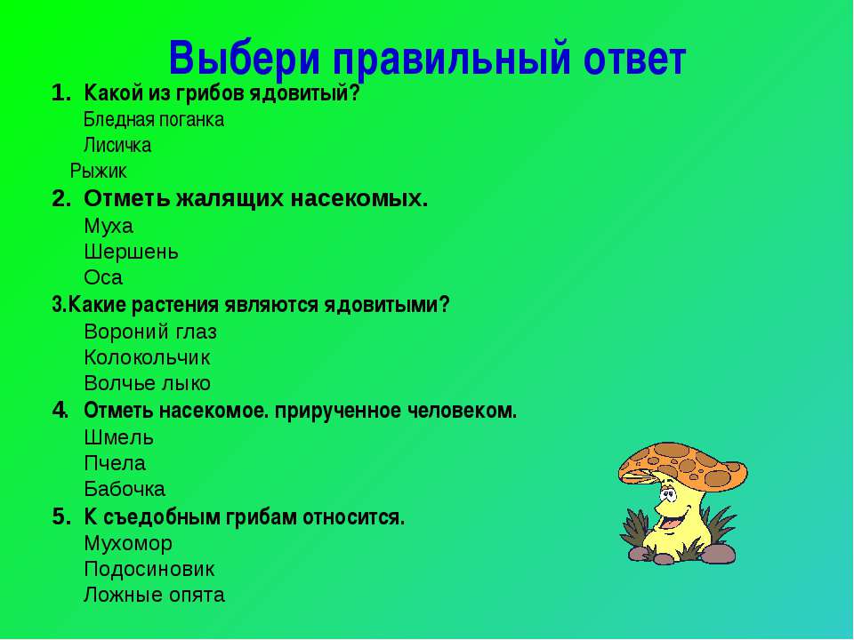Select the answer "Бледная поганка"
click(154, 119)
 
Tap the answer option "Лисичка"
click(117, 145)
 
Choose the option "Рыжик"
click(98, 171)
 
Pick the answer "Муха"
click(109, 226)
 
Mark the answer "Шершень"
click(132, 252)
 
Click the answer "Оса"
click(103, 277)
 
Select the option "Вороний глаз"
click(150, 332)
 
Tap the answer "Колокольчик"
click(147, 357)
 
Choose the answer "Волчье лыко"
click(147, 383)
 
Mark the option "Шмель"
click(118, 437)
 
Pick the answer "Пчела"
click(115, 463)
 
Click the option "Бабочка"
click(125, 489)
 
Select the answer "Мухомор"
click(128, 543)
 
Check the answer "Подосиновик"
click(149, 569)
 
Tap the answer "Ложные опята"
click(154, 595)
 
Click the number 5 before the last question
click(59, 516)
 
